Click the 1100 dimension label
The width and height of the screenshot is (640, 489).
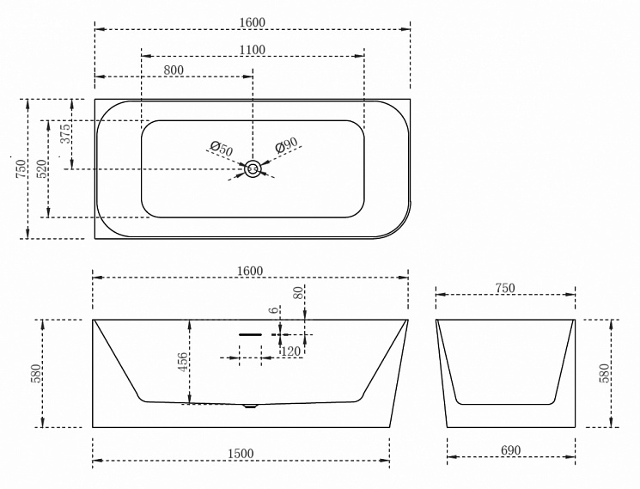click(x=253, y=50)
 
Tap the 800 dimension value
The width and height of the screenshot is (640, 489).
click(x=174, y=70)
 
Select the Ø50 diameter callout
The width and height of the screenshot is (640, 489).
click(x=222, y=148)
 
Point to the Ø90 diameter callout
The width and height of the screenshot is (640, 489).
click(x=286, y=145)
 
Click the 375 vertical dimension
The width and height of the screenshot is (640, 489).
click(x=65, y=133)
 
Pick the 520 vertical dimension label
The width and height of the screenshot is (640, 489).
click(x=42, y=169)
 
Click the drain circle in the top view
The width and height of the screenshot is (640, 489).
click(x=253, y=169)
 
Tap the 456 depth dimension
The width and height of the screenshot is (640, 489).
click(x=183, y=362)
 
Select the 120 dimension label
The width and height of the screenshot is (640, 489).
click(x=290, y=351)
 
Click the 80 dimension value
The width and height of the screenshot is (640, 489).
click(x=299, y=293)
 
